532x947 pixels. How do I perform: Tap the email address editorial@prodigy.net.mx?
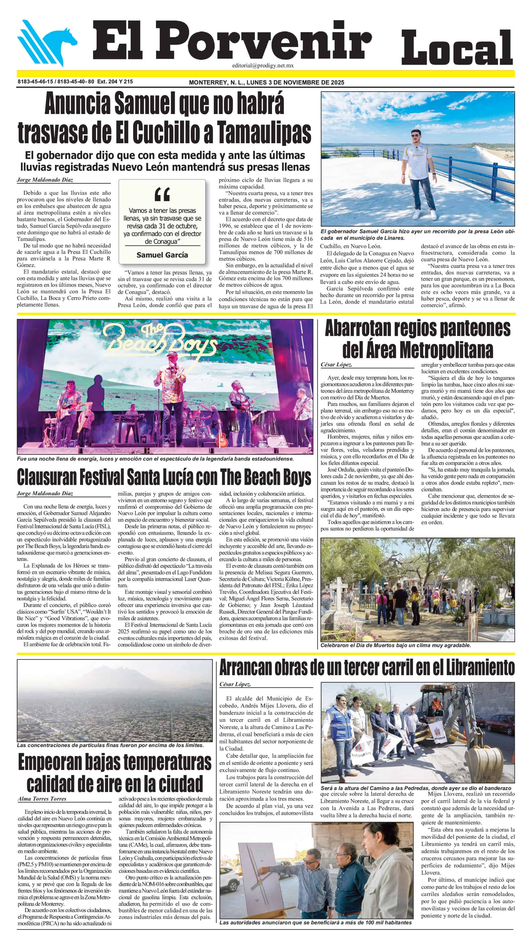[263, 65]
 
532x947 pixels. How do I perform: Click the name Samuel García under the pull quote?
[162, 255]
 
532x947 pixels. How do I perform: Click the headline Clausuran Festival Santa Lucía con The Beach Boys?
[164, 477]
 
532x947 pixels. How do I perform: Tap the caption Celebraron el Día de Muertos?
[395, 645]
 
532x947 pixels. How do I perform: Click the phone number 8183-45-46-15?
[35, 82]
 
